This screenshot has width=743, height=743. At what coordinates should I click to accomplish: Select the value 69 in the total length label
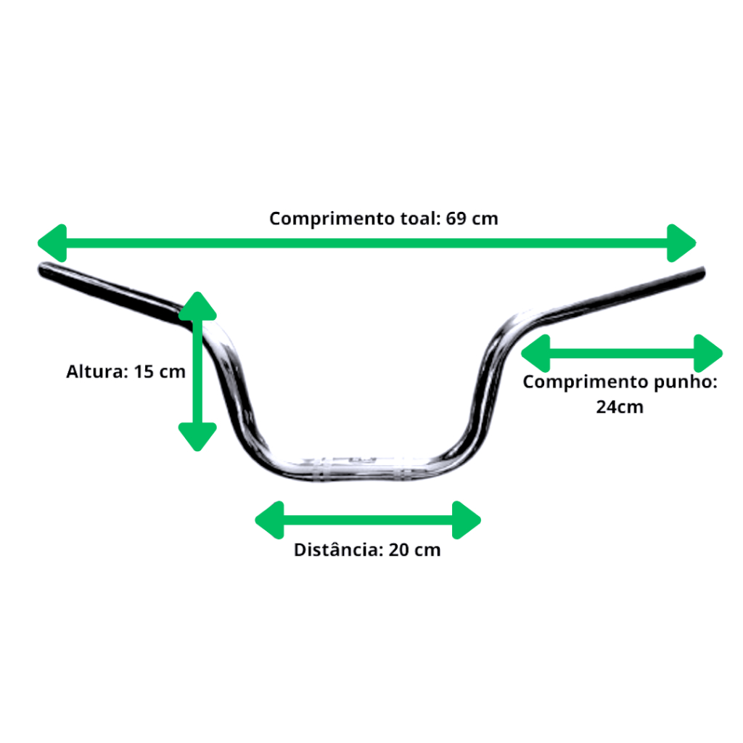(x=456, y=218)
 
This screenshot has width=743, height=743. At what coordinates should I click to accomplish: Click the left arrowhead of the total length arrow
(x=52, y=243)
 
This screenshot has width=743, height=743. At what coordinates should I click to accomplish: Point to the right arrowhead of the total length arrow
(x=681, y=243)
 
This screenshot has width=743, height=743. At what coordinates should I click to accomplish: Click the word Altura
(x=97, y=371)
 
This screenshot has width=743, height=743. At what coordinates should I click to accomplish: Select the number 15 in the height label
(x=144, y=371)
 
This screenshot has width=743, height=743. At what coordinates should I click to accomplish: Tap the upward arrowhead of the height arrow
(x=197, y=306)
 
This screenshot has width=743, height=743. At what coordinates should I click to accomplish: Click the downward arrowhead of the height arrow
(x=197, y=437)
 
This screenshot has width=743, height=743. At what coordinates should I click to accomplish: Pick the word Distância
(x=338, y=550)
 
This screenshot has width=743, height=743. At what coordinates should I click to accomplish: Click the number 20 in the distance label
(x=399, y=550)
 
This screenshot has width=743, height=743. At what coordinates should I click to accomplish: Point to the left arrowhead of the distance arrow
(x=270, y=520)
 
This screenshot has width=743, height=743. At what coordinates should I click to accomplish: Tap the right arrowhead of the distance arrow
(x=467, y=520)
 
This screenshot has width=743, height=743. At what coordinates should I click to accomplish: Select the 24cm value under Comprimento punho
(x=620, y=407)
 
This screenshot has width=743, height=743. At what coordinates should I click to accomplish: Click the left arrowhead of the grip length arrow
(x=535, y=353)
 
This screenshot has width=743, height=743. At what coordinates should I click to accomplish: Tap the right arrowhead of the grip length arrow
(x=708, y=353)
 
